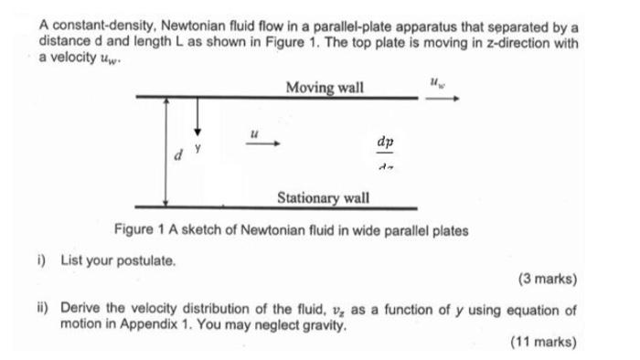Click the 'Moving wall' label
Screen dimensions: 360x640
[x=324, y=88]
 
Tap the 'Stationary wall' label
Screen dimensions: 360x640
[x=323, y=196]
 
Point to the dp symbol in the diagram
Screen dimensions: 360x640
[x=385, y=143]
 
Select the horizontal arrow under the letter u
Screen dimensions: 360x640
[x=258, y=143]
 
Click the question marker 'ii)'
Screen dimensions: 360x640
[x=45, y=310]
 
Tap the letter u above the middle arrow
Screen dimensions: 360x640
[x=256, y=132]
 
